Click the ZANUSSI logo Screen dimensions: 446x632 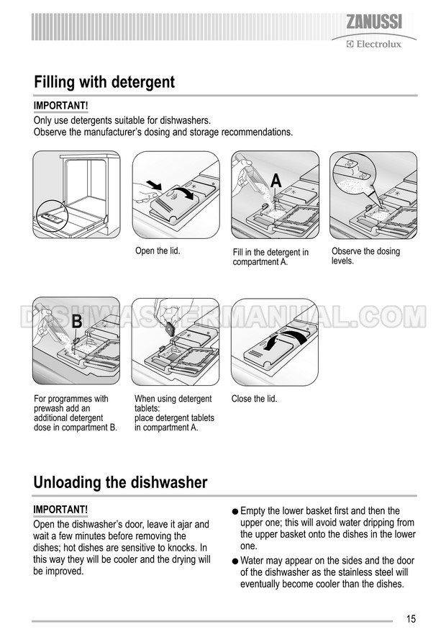click(x=374, y=22)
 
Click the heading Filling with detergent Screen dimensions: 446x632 click(x=104, y=82)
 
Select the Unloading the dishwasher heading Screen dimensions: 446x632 click(x=120, y=482)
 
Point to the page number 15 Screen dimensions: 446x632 click(x=411, y=619)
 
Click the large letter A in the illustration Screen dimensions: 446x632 click(x=276, y=181)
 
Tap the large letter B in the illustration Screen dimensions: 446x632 click(x=76, y=321)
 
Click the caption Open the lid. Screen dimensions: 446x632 click(x=158, y=250)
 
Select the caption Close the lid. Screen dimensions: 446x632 click(x=254, y=399)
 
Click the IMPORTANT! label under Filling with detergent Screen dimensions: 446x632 click(x=61, y=106)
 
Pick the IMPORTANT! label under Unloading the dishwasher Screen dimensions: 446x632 click(x=60, y=510)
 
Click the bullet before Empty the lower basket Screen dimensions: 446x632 click(x=235, y=512)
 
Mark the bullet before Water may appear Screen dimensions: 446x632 click(x=235, y=561)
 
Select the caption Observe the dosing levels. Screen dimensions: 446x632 click(x=366, y=256)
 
